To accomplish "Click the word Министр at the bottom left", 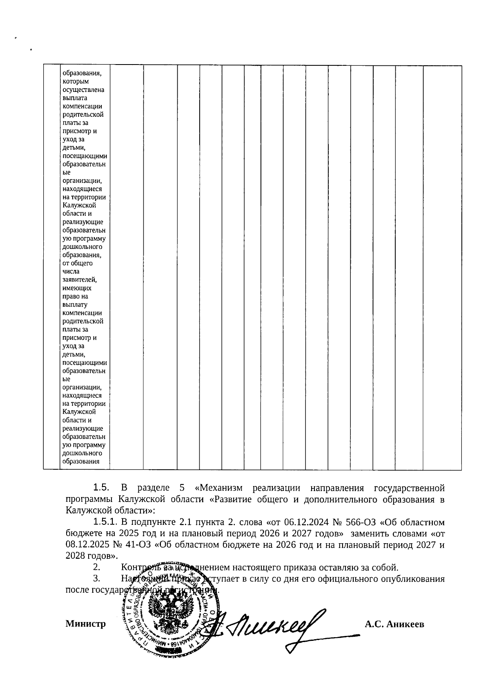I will (85, 624).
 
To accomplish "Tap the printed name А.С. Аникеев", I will (394, 624).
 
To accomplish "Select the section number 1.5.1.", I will (105, 522).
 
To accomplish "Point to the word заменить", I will (367, 533).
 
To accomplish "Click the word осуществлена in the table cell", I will (83, 89).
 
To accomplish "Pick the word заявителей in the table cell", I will (80, 280).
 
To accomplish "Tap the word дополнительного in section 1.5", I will (338, 499).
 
